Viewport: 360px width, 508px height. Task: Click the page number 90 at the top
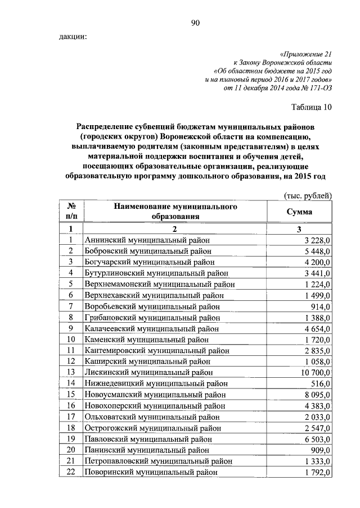point(196,23)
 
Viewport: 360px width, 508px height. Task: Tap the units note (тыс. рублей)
point(307,195)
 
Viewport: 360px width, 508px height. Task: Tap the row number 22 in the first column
point(71,472)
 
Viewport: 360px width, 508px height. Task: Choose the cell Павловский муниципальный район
point(148,438)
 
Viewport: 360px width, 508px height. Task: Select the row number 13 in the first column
point(71,372)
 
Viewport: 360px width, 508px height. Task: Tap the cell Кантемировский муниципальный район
point(157,350)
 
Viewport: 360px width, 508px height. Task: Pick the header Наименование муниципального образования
point(175,212)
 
